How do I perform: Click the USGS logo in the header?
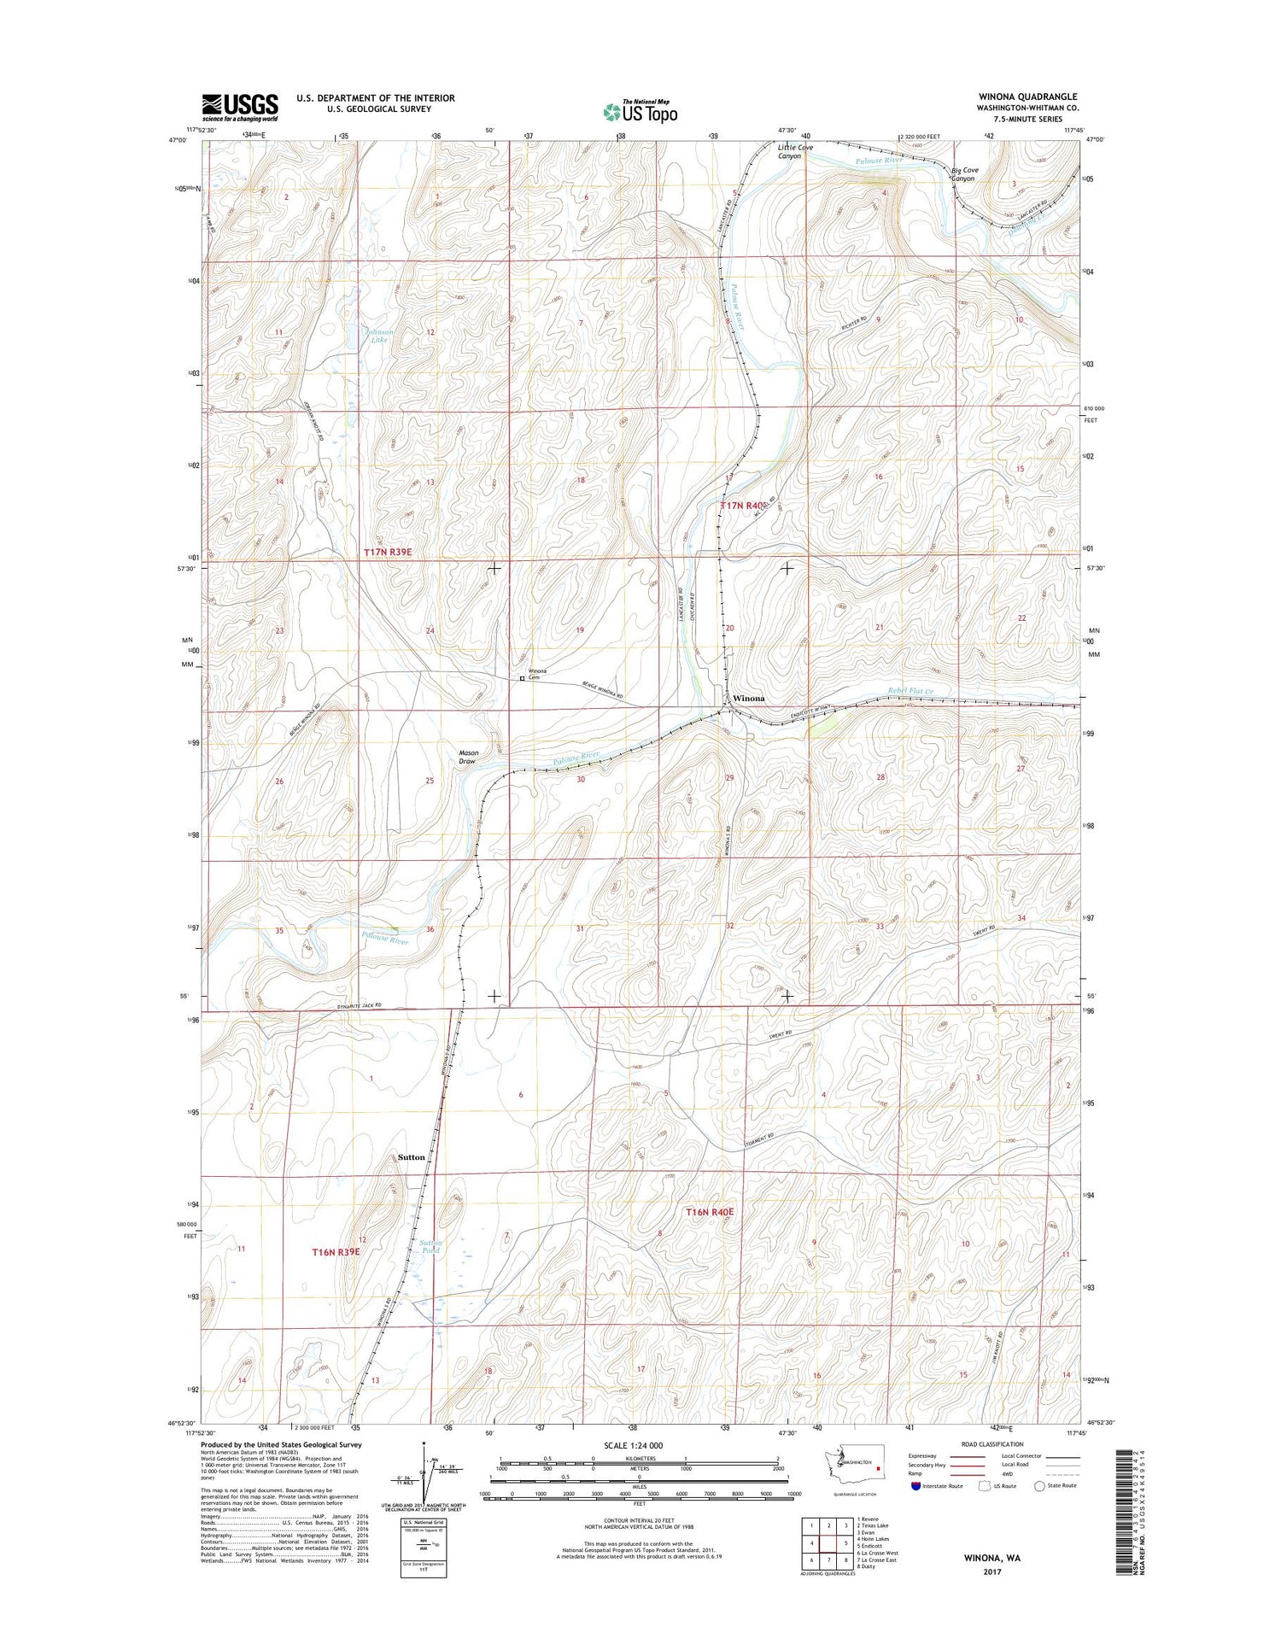coord(240,107)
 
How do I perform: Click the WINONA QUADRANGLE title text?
coord(1027,97)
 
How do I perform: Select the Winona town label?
coord(749,699)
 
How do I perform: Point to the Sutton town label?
coord(411,1157)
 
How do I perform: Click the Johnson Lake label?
coord(380,335)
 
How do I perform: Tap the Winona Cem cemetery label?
coord(537,674)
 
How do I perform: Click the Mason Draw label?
coord(468,757)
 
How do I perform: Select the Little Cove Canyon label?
coord(794,152)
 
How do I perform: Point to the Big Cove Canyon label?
coord(965,174)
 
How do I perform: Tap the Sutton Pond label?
coord(430,1246)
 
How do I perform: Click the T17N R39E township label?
coord(388,553)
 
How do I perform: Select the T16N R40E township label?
coord(710,1212)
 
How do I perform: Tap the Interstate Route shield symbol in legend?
coord(916,1485)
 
